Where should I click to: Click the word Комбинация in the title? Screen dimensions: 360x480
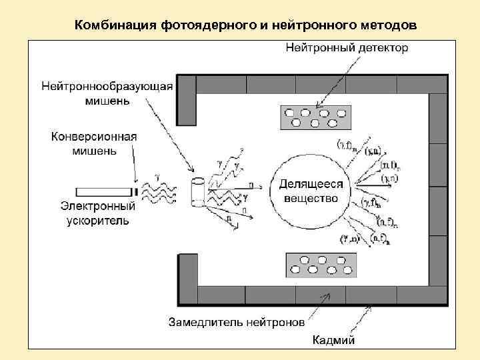pyautogui.click(x=115, y=25)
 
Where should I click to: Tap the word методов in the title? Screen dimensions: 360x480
pyautogui.click(x=386, y=25)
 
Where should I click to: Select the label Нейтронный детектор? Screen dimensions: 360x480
pyautogui.click(x=347, y=48)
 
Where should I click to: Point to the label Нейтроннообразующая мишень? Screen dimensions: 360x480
pyautogui.click(x=107, y=93)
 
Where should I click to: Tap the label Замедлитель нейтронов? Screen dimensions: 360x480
pyautogui.click(x=237, y=322)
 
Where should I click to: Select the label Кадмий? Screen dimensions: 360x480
pyautogui.click(x=334, y=341)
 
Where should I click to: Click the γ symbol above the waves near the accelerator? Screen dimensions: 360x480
pyautogui.click(x=157, y=175)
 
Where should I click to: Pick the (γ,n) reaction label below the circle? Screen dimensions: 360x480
pyautogui.click(x=349, y=239)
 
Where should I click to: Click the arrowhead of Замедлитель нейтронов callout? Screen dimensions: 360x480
pyautogui.click(x=327, y=295)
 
